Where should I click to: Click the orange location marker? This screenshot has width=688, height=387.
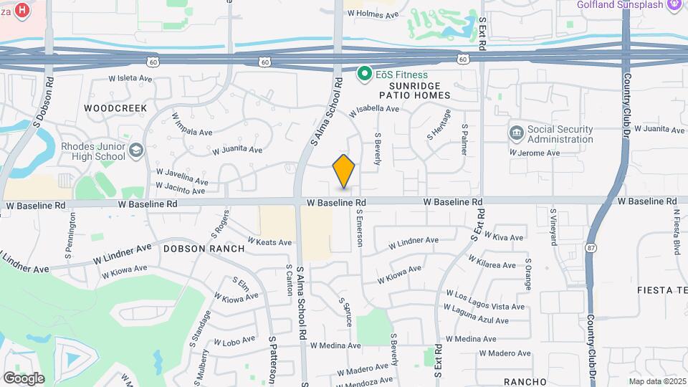344,171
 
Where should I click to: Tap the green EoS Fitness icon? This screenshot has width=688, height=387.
364,74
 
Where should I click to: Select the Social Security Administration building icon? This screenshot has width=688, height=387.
517,133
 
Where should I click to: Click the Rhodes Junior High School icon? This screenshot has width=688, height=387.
136,151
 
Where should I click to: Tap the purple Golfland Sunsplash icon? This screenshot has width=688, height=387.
674,5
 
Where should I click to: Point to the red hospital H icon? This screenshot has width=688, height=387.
23,10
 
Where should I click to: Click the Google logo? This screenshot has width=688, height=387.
24,378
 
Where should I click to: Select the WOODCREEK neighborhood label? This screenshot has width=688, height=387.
115,108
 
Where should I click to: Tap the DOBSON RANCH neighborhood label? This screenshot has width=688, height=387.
204,249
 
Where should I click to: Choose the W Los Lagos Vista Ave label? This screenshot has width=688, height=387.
485,300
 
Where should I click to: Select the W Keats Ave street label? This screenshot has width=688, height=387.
270,242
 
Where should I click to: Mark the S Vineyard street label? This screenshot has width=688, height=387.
553,226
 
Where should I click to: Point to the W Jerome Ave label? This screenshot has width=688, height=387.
535,153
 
